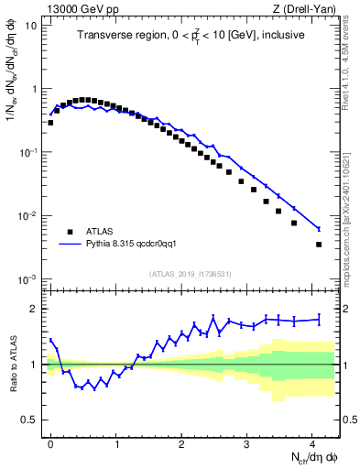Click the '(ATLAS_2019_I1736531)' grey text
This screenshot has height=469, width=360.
191,274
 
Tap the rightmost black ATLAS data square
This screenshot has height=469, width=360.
319,245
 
